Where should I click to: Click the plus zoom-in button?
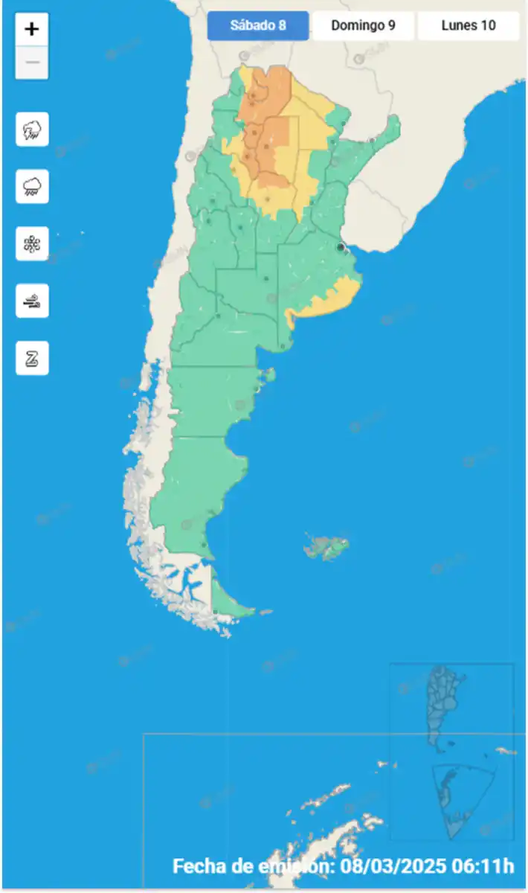tap(32, 30)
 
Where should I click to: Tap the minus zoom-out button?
tap(32, 63)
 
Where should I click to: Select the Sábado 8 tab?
tap(258, 25)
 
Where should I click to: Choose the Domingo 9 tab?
tap(363, 25)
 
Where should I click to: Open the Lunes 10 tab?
tap(468, 25)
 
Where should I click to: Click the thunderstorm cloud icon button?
tap(32, 129)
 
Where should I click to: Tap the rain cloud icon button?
tap(32, 186)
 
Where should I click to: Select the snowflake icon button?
tap(32, 243)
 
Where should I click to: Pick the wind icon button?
tap(32, 301)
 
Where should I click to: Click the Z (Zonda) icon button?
tap(32, 358)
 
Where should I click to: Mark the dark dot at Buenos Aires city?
tap(341, 247)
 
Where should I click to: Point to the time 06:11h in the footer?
tap(486, 866)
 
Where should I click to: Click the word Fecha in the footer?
tap(198, 866)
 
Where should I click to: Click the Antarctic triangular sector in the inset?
tap(462, 800)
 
